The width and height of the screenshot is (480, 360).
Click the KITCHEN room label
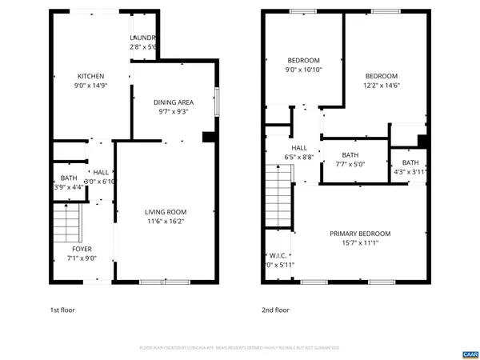[x=90, y=77]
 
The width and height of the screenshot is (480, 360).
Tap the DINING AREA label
[x=174, y=102]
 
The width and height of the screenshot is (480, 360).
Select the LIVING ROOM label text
[x=165, y=212]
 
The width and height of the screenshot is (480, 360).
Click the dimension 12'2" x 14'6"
[x=381, y=86]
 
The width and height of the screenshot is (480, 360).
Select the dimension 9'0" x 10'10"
[x=303, y=70]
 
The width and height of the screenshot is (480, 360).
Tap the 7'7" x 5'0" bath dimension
[x=350, y=164]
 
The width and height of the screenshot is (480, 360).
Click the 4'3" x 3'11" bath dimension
[x=410, y=171]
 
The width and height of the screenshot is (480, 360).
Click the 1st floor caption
[x=62, y=310]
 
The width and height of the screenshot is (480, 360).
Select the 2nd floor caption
[x=275, y=310]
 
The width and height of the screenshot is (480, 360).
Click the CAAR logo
[x=470, y=353]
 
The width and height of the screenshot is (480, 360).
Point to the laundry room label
[x=143, y=38]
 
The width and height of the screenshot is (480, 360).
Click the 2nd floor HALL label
[x=299, y=148]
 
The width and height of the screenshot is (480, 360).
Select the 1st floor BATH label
[x=68, y=178]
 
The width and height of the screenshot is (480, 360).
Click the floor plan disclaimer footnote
[x=239, y=348]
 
